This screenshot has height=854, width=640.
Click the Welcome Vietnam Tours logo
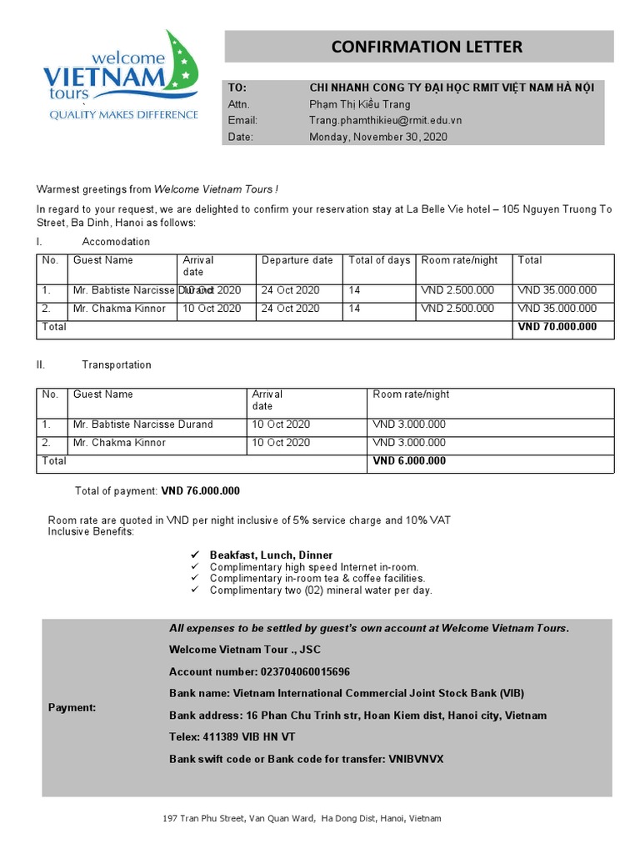[121, 76]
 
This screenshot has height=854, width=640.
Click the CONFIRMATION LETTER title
[427, 47]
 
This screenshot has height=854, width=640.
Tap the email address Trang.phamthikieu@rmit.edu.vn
[385, 120]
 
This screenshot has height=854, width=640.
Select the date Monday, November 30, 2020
[378, 137]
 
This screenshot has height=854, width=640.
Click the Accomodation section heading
[116, 242]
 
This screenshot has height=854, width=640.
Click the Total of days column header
[379, 260]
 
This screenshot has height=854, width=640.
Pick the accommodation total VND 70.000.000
[557, 327]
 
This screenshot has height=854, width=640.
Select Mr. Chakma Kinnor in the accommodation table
[119, 309]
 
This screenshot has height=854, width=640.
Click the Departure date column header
[297, 260]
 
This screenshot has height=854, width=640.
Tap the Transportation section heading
[117, 365]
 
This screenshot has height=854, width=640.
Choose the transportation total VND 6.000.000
[409, 461]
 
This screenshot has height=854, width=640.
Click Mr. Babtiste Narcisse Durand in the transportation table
[142, 424]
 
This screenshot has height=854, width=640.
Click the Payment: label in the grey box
[72, 707]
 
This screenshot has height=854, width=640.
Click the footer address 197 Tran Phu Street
[302, 819]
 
